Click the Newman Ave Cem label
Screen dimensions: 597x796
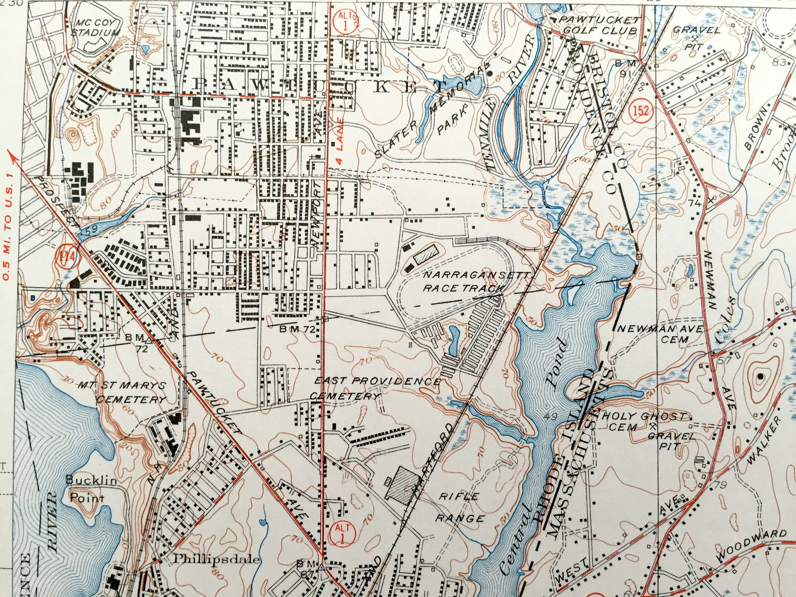pos(659,334)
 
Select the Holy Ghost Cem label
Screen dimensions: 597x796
pos(643,421)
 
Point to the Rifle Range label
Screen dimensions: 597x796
pos(460,507)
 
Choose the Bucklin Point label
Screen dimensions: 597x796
pos(91,489)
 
